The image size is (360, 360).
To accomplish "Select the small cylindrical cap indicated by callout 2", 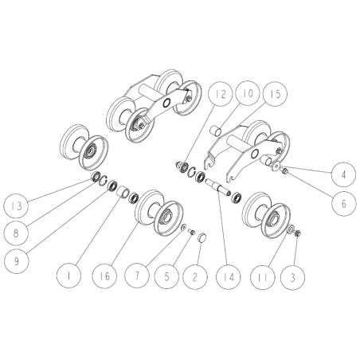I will click(x=202, y=236).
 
